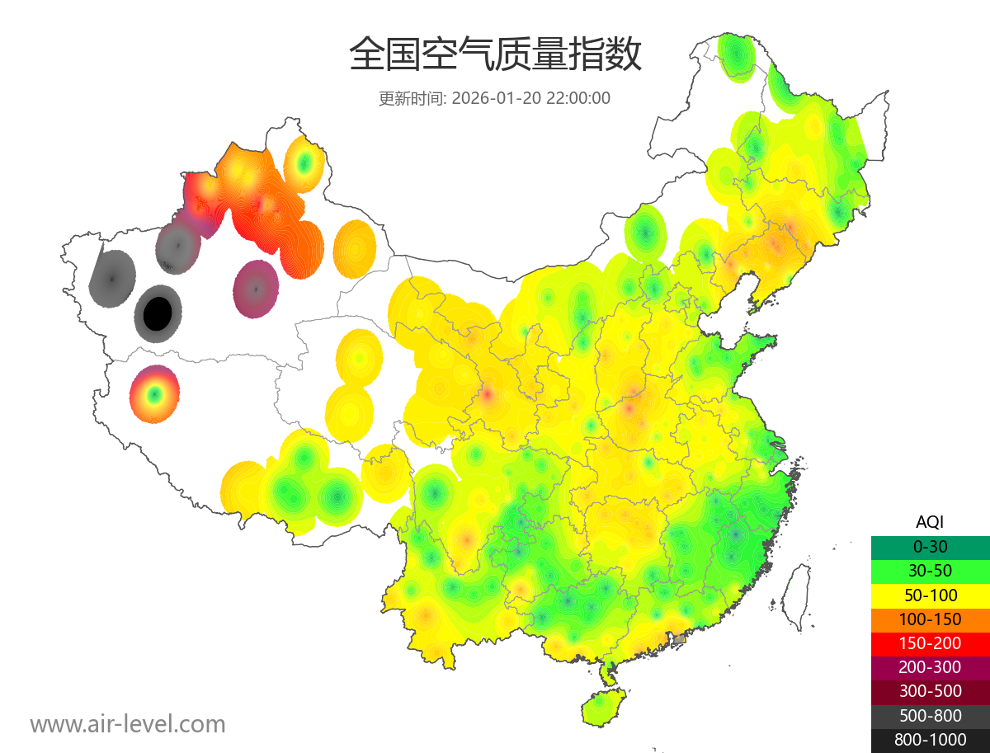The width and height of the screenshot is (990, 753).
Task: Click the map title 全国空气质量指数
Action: pos(495,55)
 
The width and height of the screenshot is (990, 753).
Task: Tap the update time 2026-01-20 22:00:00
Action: pos(531,98)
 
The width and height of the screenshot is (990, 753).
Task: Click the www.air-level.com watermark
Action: pos(128,724)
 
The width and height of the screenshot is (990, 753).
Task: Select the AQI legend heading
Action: pos(930,521)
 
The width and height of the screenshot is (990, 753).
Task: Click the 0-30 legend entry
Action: pos(930,546)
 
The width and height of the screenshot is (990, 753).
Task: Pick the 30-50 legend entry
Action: pos(930,570)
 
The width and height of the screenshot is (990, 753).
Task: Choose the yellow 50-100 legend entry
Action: pos(930,595)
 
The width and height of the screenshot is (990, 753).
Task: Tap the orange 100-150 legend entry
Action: pos(930,619)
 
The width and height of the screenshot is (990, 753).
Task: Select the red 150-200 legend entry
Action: pos(930,642)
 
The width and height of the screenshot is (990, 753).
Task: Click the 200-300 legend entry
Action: pos(930,666)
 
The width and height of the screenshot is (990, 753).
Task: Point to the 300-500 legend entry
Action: pos(930,691)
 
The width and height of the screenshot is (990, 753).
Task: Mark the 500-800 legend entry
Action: pos(930,715)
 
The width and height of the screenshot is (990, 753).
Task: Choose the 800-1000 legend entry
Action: pos(930,740)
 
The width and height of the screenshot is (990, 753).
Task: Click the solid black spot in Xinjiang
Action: pos(158,313)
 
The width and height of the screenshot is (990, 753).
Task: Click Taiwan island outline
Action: pos(794,596)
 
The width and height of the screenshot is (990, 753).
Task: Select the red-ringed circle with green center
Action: pos(154,394)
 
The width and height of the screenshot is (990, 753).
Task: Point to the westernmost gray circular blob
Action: pos(112,276)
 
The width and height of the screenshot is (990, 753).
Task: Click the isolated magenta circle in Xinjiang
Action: pos(256,289)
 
